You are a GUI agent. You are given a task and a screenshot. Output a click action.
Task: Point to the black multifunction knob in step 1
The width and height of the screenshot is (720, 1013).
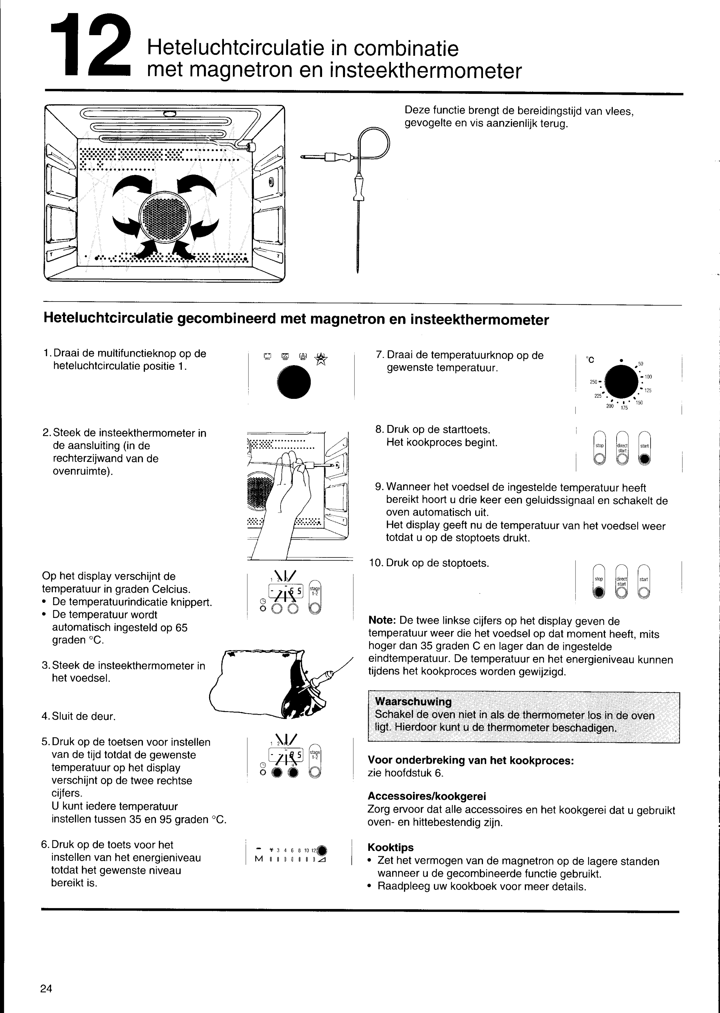[x=294, y=382]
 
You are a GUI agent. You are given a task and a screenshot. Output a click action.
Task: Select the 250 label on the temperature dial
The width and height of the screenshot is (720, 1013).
[x=594, y=382]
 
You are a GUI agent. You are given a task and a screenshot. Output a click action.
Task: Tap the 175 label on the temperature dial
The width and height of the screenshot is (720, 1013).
[x=624, y=408]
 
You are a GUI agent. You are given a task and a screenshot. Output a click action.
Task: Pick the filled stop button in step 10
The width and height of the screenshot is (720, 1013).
[x=599, y=593]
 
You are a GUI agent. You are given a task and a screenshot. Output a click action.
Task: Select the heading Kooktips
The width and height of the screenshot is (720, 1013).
[x=391, y=848]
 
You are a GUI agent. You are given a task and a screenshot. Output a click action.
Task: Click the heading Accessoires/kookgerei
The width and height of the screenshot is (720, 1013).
[x=427, y=796]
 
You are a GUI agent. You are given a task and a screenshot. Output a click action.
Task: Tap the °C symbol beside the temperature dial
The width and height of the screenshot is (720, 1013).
[x=590, y=360]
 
